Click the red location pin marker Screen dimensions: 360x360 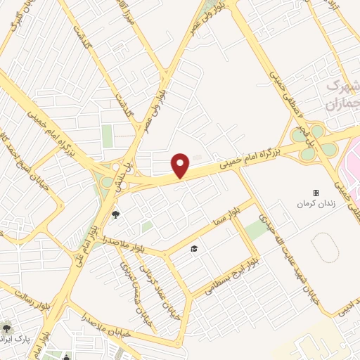tap(181, 165)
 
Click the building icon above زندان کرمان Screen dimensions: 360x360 tap(315, 192)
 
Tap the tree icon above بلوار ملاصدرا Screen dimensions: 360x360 tap(115, 215)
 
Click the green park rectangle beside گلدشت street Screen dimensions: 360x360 tap(108, 136)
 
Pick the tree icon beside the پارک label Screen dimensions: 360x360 tap(6, 328)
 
